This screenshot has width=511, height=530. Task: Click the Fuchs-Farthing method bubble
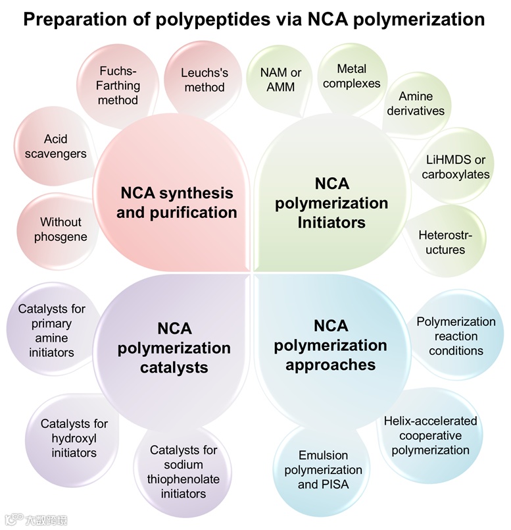point(118,85)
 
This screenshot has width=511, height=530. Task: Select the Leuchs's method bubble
point(204,80)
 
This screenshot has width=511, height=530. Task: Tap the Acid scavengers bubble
point(56,146)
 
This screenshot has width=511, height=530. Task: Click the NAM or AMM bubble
point(281,79)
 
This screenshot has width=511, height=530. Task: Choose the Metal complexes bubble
point(352,76)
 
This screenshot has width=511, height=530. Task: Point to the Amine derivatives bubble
point(416,103)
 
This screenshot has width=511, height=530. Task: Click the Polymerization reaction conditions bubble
point(456,336)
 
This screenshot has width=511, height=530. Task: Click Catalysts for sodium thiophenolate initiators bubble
point(183,471)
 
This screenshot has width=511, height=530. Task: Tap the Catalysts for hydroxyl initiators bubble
point(74,438)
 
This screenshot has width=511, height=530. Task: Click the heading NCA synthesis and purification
point(178,203)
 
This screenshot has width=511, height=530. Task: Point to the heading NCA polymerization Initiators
point(331,203)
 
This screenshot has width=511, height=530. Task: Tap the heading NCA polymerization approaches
point(331,345)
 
